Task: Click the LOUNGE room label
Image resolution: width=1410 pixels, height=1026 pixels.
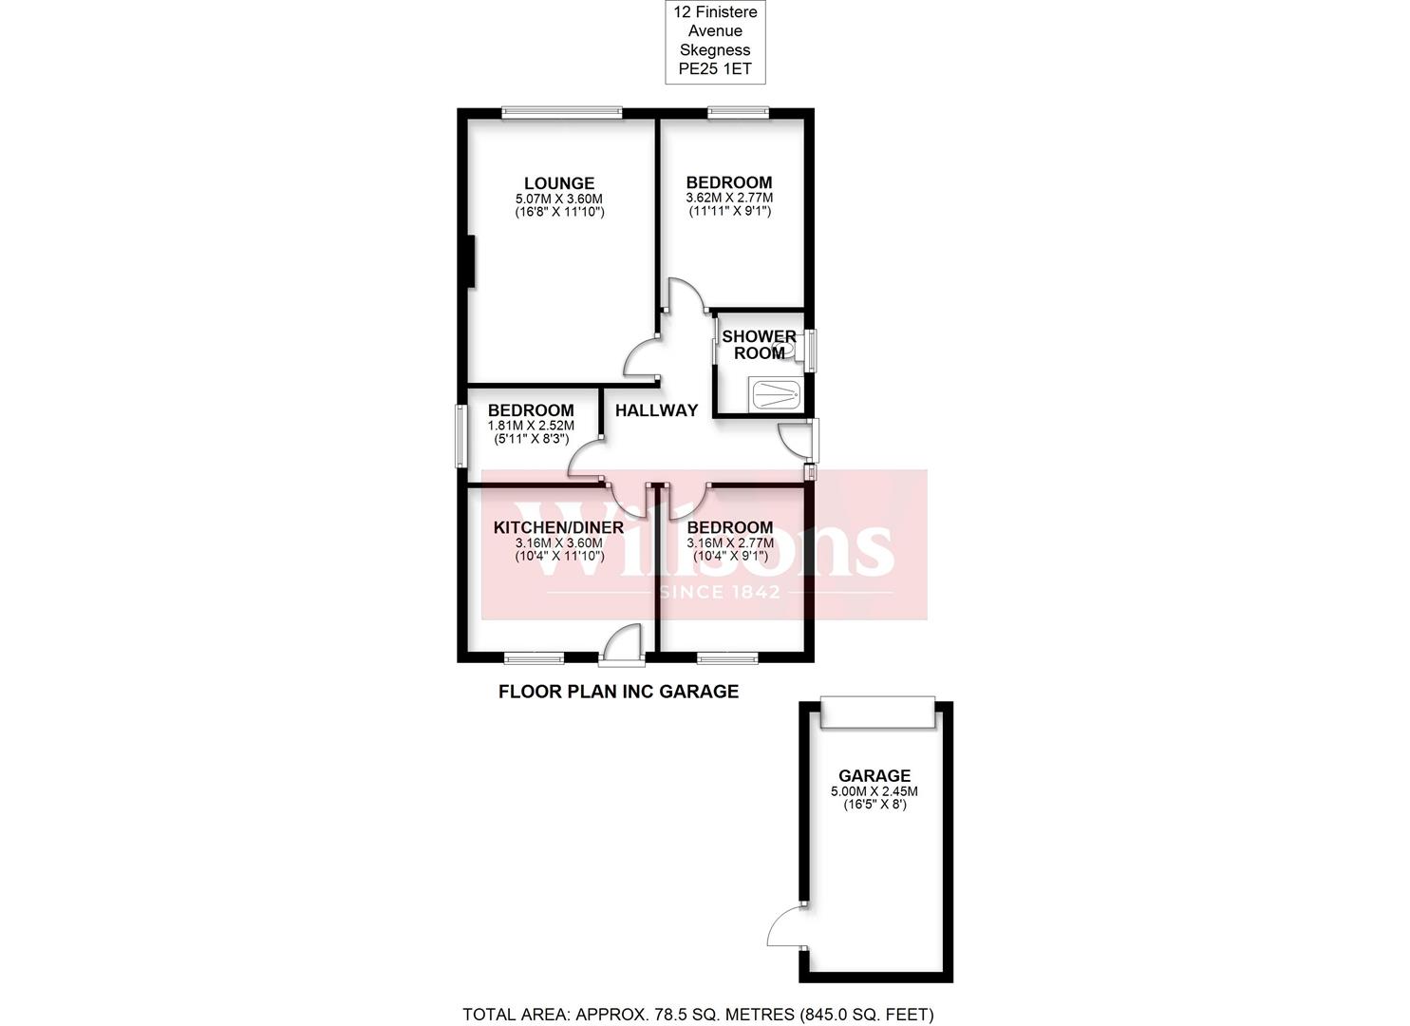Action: point(559,183)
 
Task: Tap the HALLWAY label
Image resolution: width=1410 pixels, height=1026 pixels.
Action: point(656,410)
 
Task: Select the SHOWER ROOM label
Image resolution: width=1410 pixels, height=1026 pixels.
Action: point(759,345)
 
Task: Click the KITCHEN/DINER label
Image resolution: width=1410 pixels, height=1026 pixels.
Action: point(558,527)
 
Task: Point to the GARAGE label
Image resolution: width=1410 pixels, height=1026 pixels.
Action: point(874,775)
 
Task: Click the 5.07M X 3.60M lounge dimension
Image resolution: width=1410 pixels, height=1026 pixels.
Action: point(559,199)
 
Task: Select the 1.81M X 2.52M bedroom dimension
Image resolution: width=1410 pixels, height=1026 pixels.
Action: point(531,426)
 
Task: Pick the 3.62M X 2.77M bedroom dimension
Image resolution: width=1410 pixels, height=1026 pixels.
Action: point(729,199)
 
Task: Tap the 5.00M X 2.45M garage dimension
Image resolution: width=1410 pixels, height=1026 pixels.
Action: point(874,791)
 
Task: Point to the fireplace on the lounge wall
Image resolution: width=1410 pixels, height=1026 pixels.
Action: point(469,260)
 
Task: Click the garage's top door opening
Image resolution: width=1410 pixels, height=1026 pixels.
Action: point(878,713)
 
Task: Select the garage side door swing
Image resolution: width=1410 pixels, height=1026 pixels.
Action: point(786,927)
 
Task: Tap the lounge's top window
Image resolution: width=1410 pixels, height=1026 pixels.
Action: point(562,113)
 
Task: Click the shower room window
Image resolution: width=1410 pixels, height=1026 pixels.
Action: point(810,350)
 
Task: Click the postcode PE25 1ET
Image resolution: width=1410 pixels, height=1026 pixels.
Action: point(713,68)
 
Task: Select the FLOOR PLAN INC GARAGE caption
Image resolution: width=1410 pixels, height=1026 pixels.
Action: point(618,692)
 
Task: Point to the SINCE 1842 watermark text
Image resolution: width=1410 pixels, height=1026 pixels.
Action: point(719,592)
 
